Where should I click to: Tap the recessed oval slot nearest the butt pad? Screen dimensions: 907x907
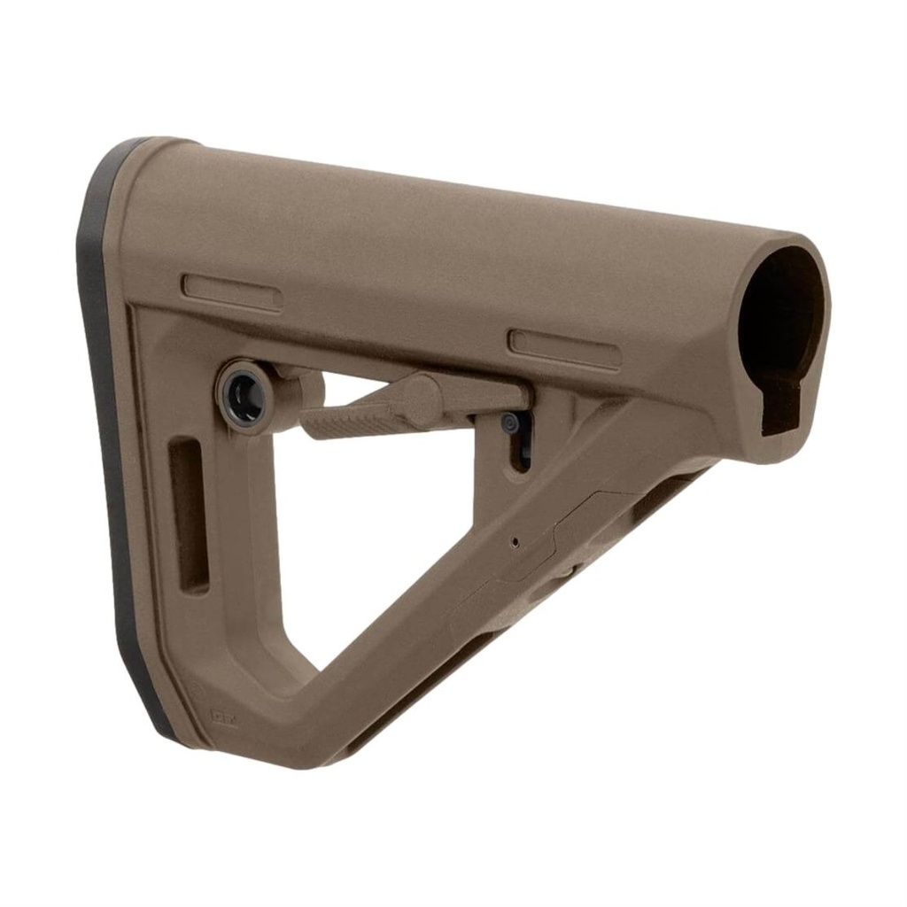[x=232, y=292]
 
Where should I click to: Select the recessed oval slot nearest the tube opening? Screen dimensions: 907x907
[x=564, y=349]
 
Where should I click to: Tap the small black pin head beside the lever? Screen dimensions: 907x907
[x=511, y=424]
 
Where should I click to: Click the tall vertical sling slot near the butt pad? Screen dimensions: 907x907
[x=190, y=514]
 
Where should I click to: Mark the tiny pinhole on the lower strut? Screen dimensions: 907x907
[x=516, y=540]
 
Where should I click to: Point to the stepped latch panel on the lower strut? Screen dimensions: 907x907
[x=549, y=540]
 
